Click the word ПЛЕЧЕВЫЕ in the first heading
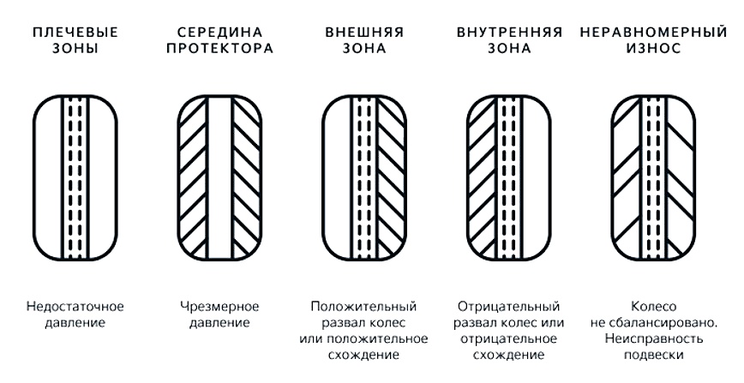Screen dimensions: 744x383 (75, 33)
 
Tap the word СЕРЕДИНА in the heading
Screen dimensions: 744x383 (219, 33)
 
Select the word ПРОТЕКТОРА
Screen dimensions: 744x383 (219, 48)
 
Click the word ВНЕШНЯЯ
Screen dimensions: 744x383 (364, 33)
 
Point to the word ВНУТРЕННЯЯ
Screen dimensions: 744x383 (509, 33)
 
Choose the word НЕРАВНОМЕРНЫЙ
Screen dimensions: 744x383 (653, 33)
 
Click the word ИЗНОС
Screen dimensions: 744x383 (653, 48)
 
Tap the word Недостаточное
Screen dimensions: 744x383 (75, 307)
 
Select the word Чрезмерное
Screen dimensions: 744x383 (219, 307)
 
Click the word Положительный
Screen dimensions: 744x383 (364, 307)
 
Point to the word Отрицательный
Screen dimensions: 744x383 (508, 307)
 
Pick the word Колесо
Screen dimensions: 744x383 (653, 307)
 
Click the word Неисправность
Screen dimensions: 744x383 (653, 338)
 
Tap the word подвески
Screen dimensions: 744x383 (653, 355)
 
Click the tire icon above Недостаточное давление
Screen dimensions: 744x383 (75, 178)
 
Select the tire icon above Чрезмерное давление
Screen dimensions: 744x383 (219, 178)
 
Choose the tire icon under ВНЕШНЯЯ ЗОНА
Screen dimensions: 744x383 (364, 178)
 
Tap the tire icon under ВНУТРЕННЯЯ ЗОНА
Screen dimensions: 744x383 (509, 178)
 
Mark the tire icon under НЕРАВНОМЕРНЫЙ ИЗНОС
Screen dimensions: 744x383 (653, 178)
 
